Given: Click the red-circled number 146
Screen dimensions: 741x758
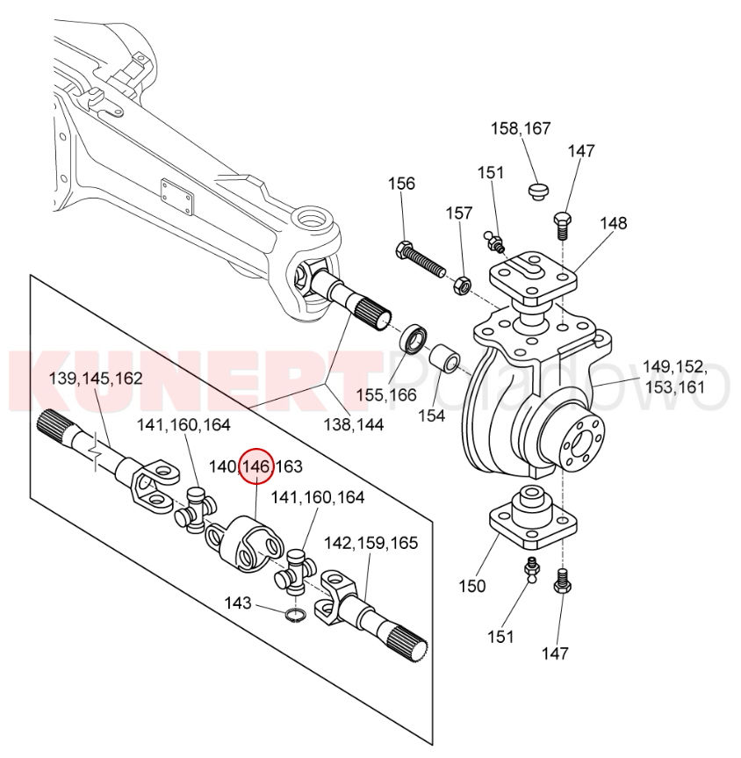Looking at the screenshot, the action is (257, 466).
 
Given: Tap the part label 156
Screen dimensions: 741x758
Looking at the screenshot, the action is (402, 184).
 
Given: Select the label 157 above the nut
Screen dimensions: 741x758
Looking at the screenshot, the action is (458, 213).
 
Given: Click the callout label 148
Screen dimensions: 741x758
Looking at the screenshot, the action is (614, 223).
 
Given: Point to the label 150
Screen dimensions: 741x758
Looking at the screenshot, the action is (471, 586).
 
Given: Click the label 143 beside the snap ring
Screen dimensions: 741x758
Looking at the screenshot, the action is (238, 603).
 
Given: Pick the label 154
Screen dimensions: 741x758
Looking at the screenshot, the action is (432, 415).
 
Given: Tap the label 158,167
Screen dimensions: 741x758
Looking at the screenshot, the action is (521, 128).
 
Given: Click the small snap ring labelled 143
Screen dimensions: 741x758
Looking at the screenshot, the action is (295, 616).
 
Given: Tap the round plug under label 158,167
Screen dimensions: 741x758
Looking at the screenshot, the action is (537, 191).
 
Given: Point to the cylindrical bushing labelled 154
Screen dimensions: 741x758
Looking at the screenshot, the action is (444, 359).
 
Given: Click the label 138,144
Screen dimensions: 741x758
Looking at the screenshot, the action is (353, 425).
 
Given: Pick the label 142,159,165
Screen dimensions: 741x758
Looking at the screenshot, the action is (370, 543).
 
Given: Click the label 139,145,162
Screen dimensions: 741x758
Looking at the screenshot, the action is (96, 379).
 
